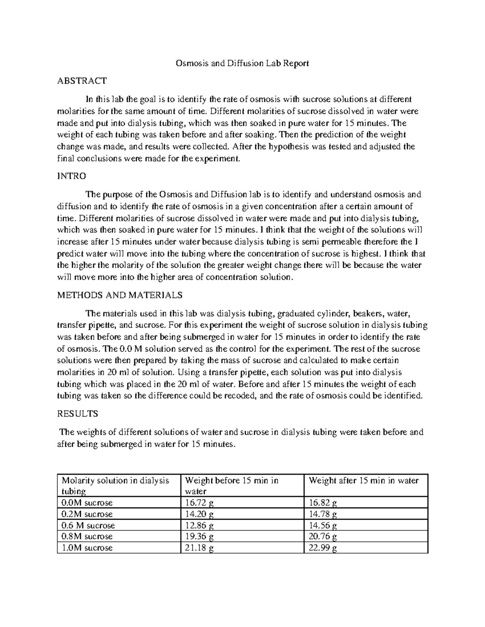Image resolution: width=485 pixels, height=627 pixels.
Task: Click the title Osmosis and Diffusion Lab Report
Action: (242, 63)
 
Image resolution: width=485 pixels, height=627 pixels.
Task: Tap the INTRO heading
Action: (72, 176)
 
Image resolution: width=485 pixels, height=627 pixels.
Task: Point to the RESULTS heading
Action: (78, 414)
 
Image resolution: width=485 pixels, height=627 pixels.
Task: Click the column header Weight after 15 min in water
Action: (363, 480)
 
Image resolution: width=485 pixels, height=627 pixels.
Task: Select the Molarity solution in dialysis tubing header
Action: (115, 486)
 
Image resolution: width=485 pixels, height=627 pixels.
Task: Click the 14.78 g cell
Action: (323, 514)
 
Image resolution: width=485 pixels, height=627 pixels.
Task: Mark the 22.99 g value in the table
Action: (323, 548)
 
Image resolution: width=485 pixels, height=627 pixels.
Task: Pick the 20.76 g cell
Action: (323, 537)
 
